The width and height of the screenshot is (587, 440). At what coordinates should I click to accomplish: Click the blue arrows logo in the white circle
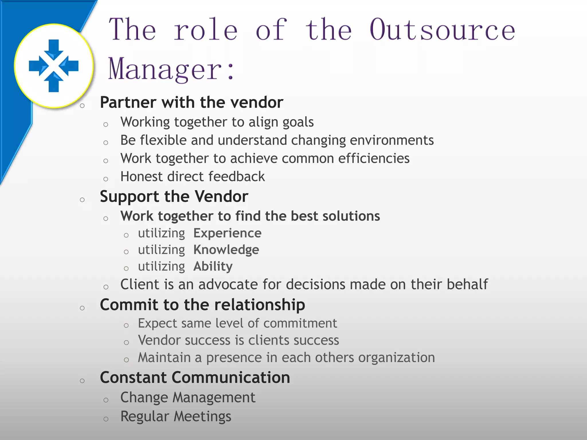54,66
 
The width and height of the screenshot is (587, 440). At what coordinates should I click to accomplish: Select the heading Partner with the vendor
191,102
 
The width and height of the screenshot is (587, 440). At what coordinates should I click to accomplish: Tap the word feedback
236,176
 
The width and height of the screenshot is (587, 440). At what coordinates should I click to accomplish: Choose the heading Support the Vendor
174,197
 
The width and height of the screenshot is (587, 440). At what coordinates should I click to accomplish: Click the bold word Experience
227,233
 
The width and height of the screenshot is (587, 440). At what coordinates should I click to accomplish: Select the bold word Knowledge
226,250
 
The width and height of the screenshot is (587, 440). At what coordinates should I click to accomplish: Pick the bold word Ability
213,266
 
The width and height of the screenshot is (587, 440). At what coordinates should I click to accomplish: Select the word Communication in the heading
231,378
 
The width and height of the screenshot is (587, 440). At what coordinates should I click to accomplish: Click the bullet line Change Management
188,398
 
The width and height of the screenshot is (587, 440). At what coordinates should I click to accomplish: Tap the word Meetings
202,417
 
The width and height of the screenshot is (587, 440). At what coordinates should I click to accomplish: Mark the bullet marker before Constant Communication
82,381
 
